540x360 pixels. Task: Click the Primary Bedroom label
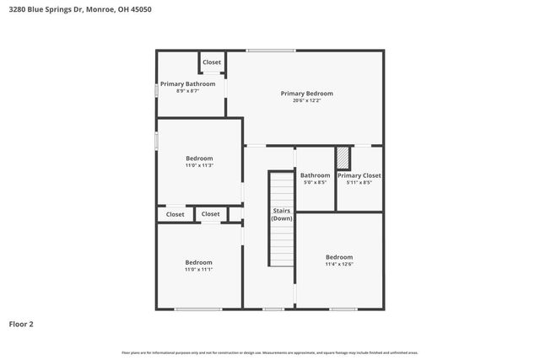click(x=306, y=94)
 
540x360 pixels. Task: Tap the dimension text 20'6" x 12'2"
click(x=306, y=100)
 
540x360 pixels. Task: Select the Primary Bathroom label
click(x=188, y=84)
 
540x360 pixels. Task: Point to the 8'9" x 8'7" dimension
click(x=188, y=91)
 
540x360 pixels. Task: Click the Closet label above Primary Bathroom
click(x=211, y=62)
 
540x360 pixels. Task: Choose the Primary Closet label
click(x=359, y=175)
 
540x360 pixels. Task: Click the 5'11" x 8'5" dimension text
click(x=359, y=182)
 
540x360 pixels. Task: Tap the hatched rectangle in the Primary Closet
click(x=343, y=159)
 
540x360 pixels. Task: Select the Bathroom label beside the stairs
click(x=315, y=175)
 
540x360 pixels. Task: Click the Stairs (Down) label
click(x=282, y=214)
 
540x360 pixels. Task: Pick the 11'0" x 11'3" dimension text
click(x=199, y=165)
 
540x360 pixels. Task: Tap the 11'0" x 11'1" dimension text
click(x=199, y=269)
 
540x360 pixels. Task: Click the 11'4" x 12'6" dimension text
click(x=339, y=264)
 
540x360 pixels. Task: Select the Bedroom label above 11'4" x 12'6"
click(x=339, y=257)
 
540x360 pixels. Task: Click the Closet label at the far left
click(x=175, y=215)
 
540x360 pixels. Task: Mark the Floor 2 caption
click(x=21, y=324)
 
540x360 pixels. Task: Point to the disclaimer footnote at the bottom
click(x=270, y=352)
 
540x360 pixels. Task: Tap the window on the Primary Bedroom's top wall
click(x=271, y=51)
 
